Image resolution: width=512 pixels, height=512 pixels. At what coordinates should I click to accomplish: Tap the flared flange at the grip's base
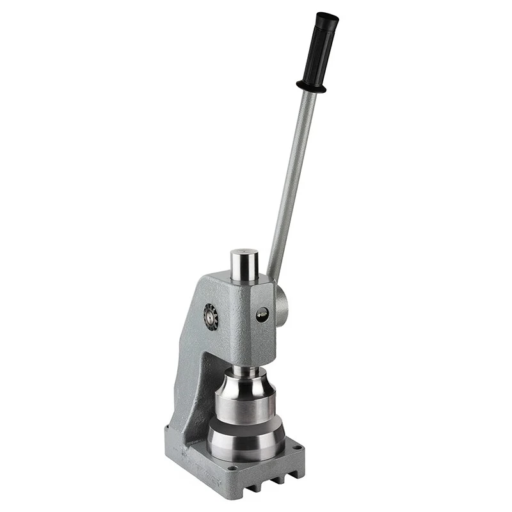point(312,86)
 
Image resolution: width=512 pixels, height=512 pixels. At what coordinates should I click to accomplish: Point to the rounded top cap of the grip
point(328,17)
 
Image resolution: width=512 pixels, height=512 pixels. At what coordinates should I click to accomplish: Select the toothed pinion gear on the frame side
point(211,317)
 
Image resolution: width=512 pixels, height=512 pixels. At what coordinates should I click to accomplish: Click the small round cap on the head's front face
point(262,314)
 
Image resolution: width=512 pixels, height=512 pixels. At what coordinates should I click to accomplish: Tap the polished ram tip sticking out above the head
point(244,264)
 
